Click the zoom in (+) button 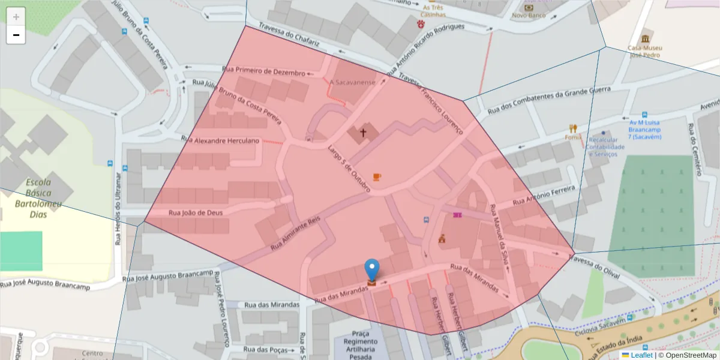coord(16,16)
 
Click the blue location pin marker coord(372,270)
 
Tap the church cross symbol coord(362,133)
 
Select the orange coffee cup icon coord(376,176)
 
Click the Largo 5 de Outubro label coord(348,169)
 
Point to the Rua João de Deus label coord(196,212)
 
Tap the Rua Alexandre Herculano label coord(221,140)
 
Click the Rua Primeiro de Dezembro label coord(263,71)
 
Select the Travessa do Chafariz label coord(289,36)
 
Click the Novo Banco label coord(528,16)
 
